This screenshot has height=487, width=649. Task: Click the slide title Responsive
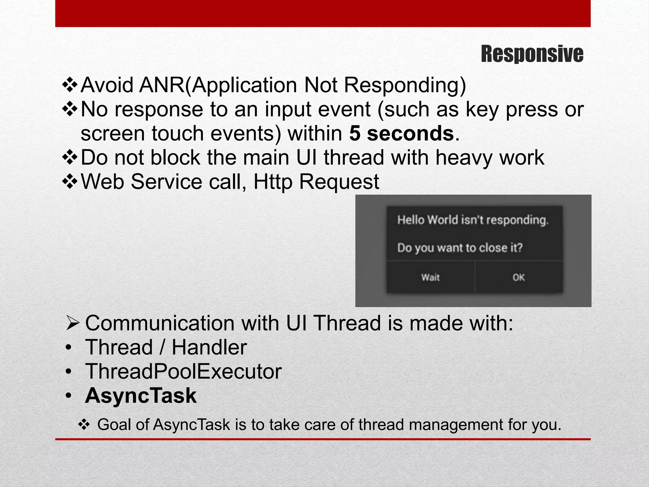532,54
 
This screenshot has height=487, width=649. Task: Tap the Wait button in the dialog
430,277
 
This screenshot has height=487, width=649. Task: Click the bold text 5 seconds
401,133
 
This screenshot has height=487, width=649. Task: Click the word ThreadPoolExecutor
183,371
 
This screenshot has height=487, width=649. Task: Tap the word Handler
209,347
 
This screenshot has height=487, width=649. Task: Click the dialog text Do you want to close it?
459,248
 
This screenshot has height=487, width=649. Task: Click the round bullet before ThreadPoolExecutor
68,372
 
